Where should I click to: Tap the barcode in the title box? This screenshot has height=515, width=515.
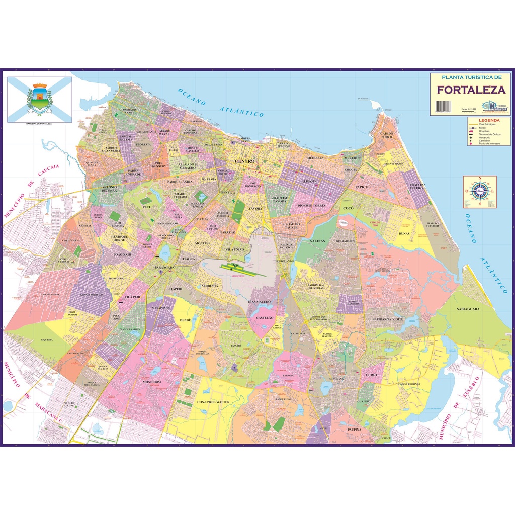(x=443, y=106)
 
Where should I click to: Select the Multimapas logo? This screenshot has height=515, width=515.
(x=495, y=106)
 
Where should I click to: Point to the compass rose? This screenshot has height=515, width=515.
(x=480, y=192)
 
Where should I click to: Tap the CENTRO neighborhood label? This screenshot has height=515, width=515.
(x=245, y=161)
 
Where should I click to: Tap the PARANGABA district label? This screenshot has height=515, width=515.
(x=165, y=267)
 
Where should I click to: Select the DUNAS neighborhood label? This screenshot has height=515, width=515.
(x=404, y=233)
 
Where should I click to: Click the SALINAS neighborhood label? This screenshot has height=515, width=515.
(x=317, y=241)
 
